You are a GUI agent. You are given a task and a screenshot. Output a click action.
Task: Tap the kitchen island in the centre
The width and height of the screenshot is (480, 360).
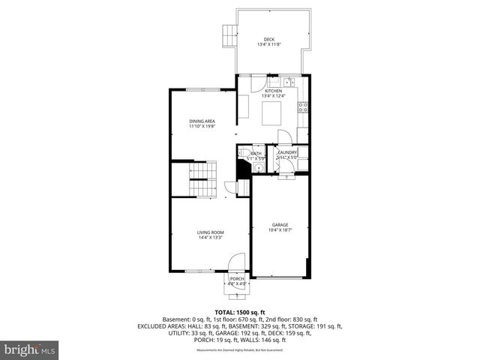pyautogui.click(x=271, y=113)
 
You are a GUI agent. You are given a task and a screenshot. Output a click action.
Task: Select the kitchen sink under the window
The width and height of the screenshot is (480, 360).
pyautogui.click(x=288, y=82)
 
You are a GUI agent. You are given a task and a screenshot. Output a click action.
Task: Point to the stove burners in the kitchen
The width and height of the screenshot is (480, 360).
pyautogui.click(x=303, y=106)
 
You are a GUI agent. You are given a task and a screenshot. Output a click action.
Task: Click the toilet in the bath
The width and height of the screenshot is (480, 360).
pyautogui.click(x=244, y=156)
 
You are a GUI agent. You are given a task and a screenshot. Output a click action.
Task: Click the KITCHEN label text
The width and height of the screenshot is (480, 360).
pyautogui.click(x=273, y=91)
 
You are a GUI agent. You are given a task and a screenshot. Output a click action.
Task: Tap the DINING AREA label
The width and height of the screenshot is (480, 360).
pyautogui.click(x=202, y=121)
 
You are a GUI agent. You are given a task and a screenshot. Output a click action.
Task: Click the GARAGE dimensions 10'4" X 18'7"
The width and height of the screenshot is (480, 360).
pyautogui.click(x=280, y=230)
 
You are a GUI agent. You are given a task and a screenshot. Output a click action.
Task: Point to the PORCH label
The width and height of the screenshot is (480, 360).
pyautogui.click(x=237, y=279)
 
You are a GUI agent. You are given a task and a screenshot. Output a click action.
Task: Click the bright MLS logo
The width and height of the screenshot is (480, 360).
pyautogui.click(x=29, y=349)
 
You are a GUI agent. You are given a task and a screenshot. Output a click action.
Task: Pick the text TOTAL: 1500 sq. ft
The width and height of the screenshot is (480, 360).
pyautogui.click(x=239, y=312)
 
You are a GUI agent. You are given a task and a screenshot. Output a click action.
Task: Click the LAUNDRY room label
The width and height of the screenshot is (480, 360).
pyautogui.click(x=288, y=152)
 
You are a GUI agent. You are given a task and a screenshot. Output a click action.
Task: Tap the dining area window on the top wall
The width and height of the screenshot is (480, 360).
pyautogui.click(x=198, y=89)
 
